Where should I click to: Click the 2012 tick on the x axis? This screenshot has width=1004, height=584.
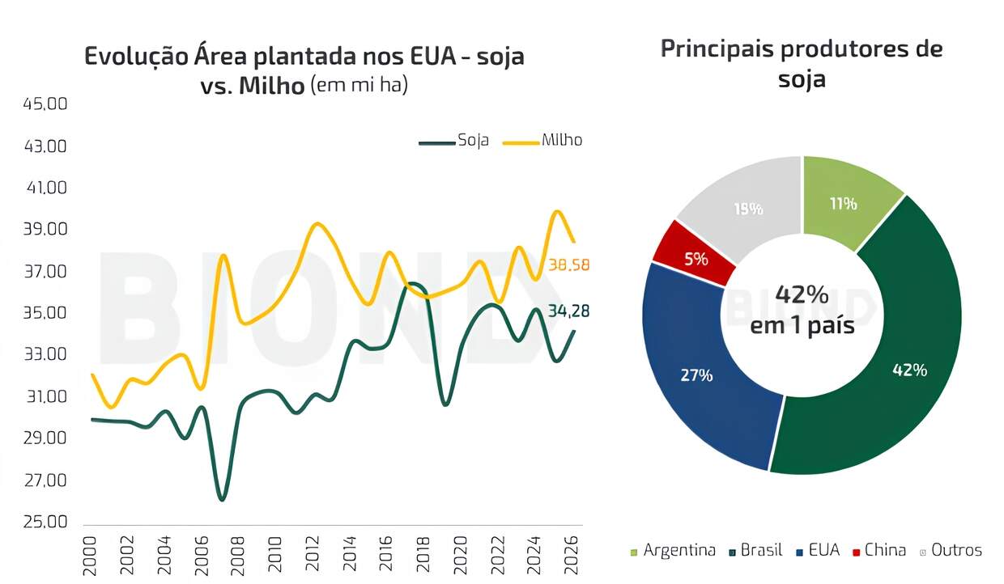click(x=313, y=554)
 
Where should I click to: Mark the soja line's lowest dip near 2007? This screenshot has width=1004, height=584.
click(x=222, y=497)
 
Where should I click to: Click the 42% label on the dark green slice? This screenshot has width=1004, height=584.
click(x=909, y=370)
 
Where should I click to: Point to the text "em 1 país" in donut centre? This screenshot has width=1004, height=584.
click(x=802, y=326)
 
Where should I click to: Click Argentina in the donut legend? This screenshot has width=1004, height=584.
click(x=679, y=550)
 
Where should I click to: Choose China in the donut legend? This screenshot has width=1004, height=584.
click(x=885, y=550)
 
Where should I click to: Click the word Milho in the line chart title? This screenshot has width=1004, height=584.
click(x=270, y=85)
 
